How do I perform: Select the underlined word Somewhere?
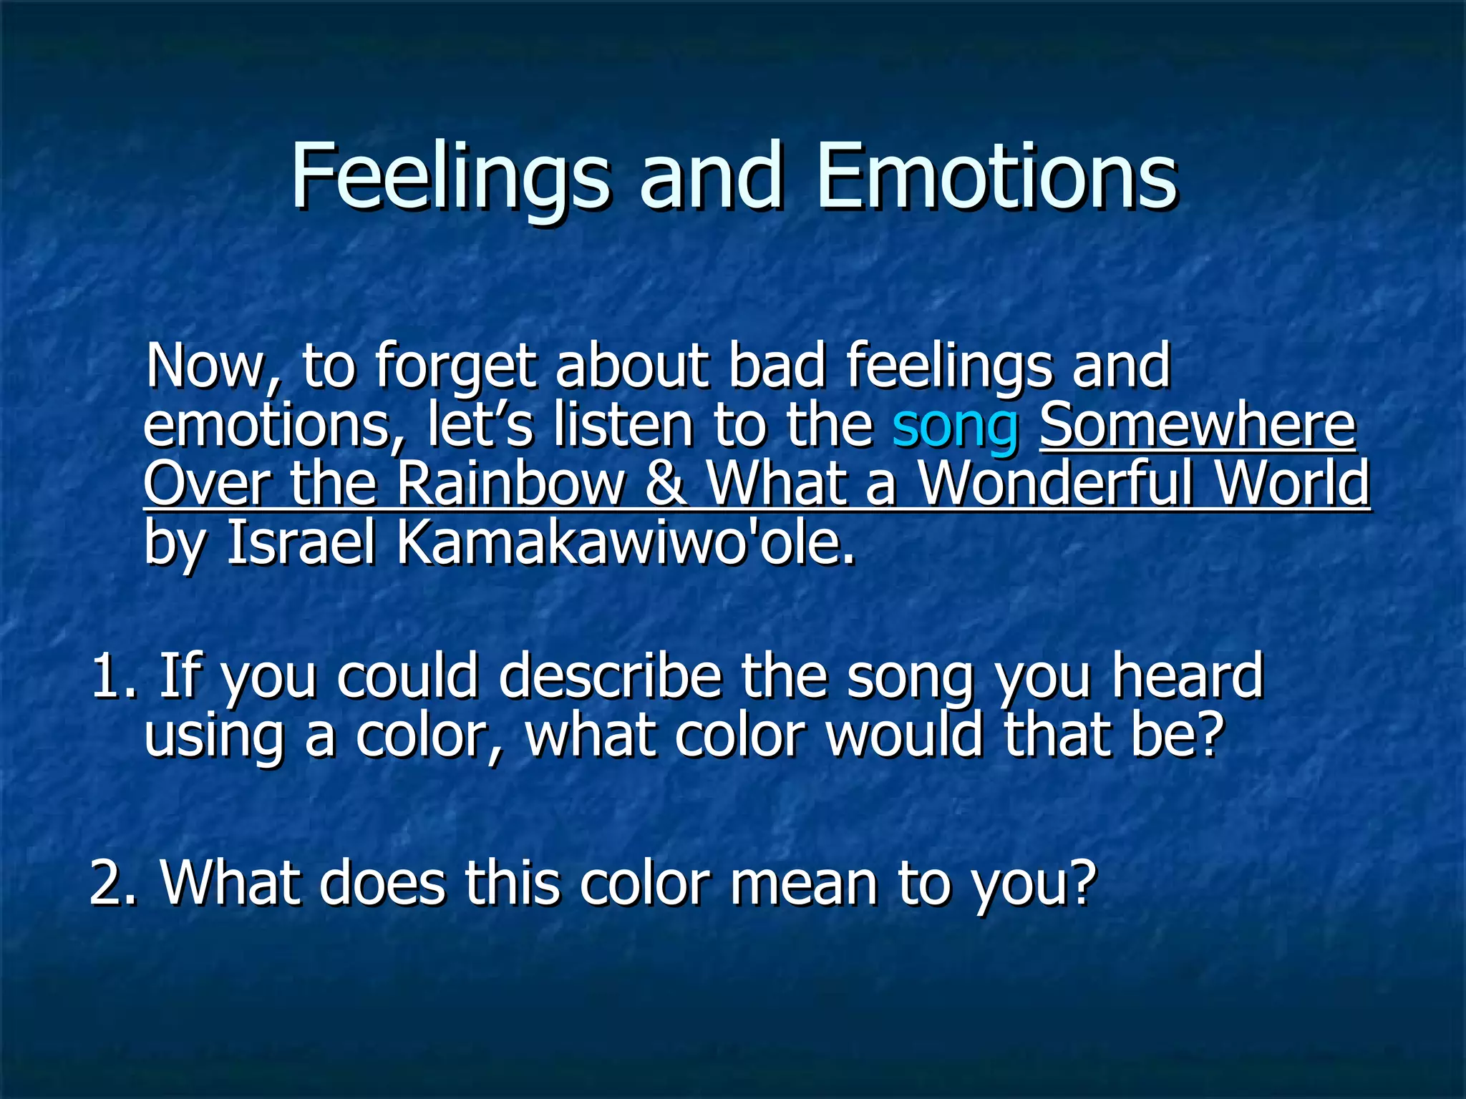pyautogui.click(x=1198, y=426)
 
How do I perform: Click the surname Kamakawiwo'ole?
pyautogui.click(x=626, y=543)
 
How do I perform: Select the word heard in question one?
pyautogui.click(x=1188, y=676)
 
